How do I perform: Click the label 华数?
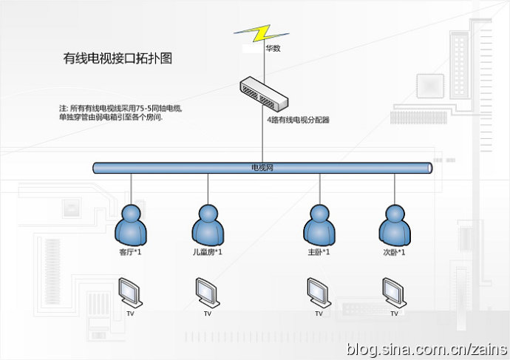coord(273,49)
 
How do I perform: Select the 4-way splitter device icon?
coord(262,92)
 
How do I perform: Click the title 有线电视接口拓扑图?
coord(118,58)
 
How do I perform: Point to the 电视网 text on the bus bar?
coord(263,168)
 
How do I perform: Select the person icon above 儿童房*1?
coord(208,225)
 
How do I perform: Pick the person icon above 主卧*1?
coord(319,225)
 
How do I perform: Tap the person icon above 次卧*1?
coord(394,225)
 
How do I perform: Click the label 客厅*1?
coord(131,253)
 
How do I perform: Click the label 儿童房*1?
coord(207,253)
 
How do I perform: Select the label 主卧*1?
coord(319,253)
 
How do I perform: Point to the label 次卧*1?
coord(394,253)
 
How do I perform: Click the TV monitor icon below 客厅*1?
coord(131,291)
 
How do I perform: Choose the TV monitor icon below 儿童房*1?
coord(207,291)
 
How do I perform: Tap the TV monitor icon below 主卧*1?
coord(319,291)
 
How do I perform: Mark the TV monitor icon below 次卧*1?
coord(394,291)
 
